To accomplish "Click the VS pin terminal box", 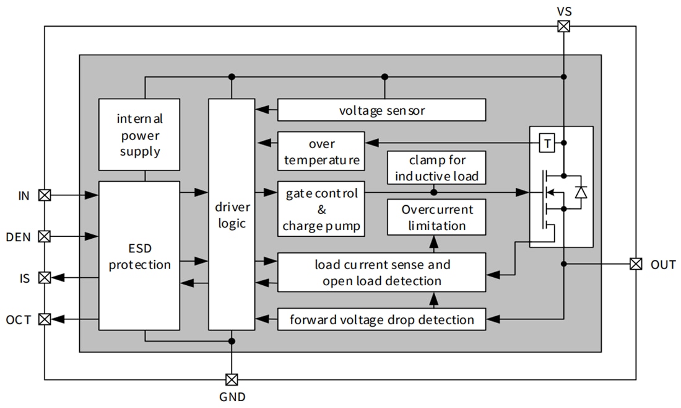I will tap(563, 26).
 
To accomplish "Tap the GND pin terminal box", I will tap(232, 379).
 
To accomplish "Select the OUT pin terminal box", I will tap(635, 264).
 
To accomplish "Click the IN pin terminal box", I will tap(45, 195).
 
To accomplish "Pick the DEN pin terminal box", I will tap(45, 236).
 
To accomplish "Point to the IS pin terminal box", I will tap(45, 278).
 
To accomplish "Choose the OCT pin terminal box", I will tap(45, 319).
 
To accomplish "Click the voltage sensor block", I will tap(381, 110).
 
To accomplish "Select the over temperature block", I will tap(321, 152).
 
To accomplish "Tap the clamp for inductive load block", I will tap(436, 167).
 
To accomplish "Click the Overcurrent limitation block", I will tap(436, 217).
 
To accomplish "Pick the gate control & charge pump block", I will tap(321, 209).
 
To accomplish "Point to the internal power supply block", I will tap(139, 134).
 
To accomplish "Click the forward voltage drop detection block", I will tap(381, 319).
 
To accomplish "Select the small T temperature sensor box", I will tap(547, 143).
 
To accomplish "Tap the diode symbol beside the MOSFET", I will tap(580, 193).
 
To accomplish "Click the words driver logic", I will tap(232, 214).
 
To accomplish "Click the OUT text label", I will tap(663, 265).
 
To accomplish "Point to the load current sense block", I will tap(381, 272).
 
